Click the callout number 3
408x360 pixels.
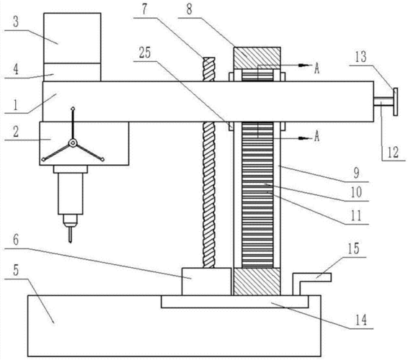[16, 22]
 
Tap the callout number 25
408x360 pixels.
[145, 53]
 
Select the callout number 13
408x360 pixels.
[361, 57]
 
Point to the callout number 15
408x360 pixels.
[354, 248]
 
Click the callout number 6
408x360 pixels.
[16, 240]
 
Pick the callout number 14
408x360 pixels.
[361, 320]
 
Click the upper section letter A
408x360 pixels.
[316, 68]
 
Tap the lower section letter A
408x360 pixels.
[316, 136]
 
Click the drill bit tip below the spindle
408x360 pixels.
[70, 241]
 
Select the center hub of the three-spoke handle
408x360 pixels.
[73, 143]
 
